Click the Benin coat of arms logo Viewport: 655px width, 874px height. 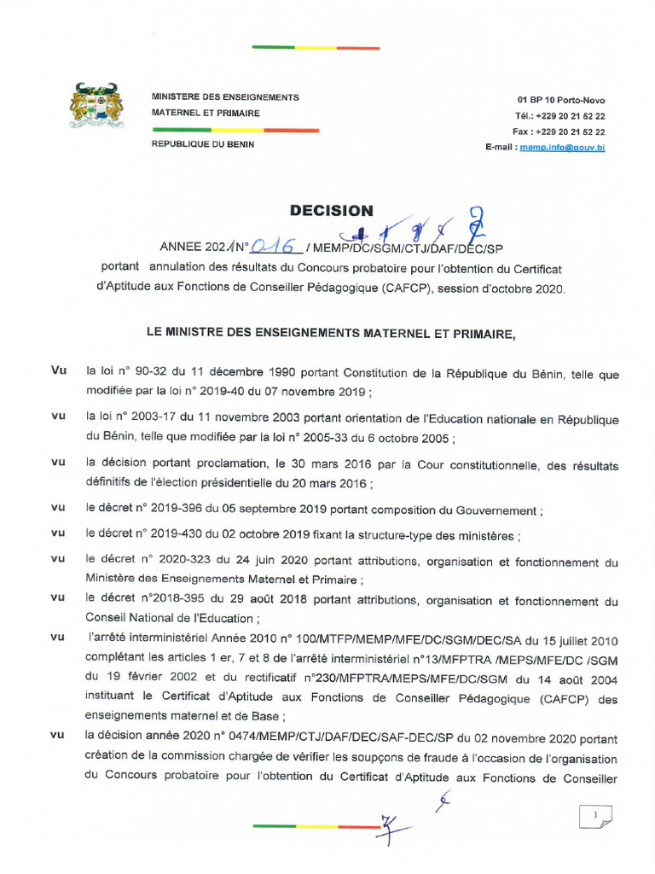click(96, 106)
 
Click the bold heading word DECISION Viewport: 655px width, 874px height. click(331, 210)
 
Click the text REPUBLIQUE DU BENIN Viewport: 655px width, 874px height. click(203, 144)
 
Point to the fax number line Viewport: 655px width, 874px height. click(559, 131)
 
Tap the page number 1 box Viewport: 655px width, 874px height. click(595, 817)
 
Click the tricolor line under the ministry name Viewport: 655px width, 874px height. click(235, 131)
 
